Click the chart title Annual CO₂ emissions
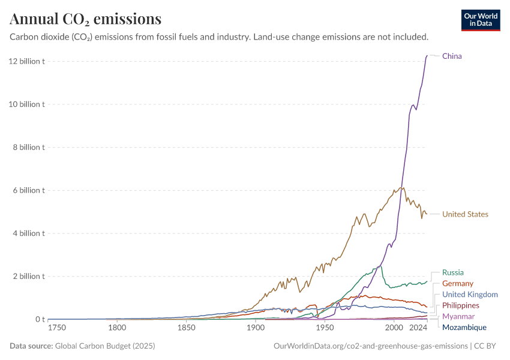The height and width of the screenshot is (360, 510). click(x=85, y=19)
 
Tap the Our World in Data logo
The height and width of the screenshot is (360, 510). click(x=480, y=20)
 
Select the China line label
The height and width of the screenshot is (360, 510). click(x=452, y=56)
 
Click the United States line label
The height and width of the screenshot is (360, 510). click(x=465, y=214)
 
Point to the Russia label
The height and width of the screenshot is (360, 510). click(x=452, y=272)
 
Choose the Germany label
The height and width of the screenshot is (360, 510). click(x=457, y=283)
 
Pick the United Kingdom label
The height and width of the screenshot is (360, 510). click(x=470, y=295)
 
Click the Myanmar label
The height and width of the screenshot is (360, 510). click(x=458, y=316)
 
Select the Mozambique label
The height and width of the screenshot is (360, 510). click(x=464, y=328)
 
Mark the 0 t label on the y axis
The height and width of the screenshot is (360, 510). click(x=39, y=319)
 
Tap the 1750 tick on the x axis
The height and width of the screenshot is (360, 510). click(x=57, y=328)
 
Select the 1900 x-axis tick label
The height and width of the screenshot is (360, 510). click(x=256, y=328)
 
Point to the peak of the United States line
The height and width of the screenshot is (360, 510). click(x=402, y=187)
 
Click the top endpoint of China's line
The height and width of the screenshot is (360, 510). click(x=427, y=56)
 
